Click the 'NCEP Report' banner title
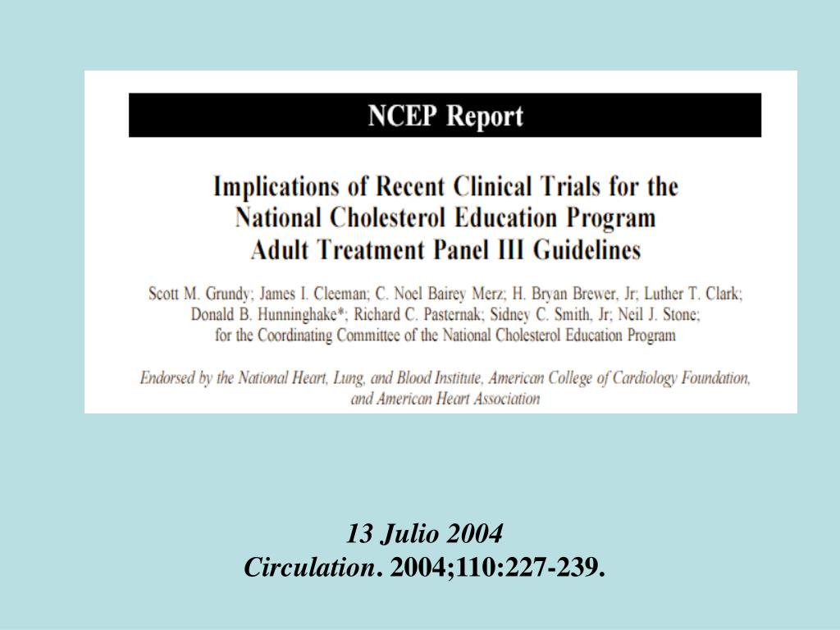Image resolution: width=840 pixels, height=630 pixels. [x=445, y=116]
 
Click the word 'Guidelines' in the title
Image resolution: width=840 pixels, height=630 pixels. [x=587, y=249]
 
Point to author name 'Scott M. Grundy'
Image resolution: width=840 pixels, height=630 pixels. [x=199, y=294]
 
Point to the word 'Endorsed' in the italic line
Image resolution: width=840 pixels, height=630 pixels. [x=167, y=378]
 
